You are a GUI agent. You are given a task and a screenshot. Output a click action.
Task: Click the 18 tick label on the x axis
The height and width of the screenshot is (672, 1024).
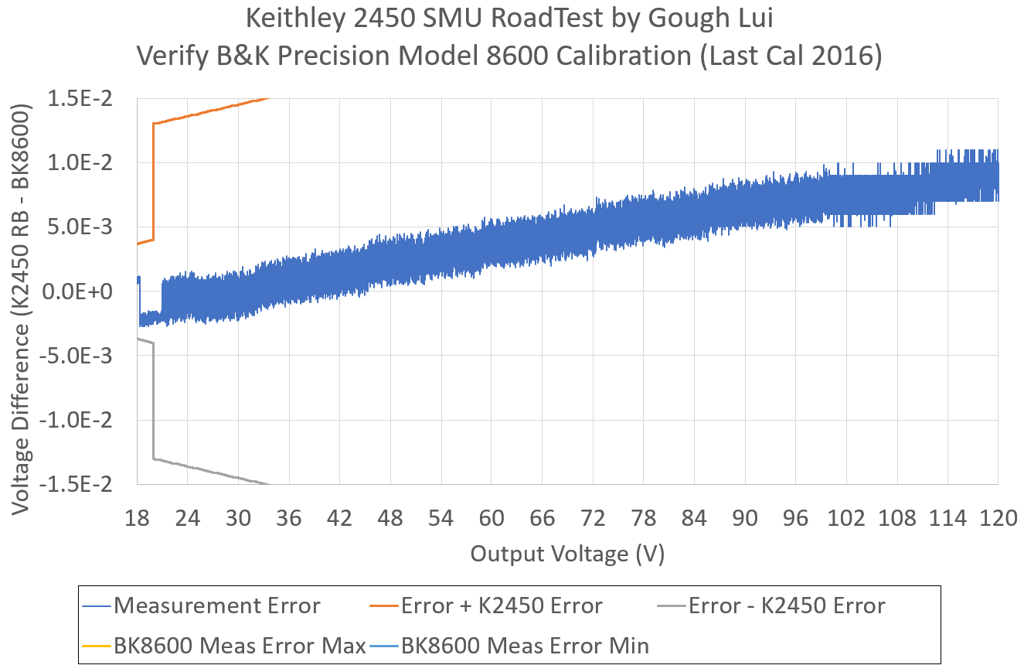[138, 518]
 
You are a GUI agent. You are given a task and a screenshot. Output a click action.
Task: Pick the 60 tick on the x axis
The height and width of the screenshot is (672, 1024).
[492, 518]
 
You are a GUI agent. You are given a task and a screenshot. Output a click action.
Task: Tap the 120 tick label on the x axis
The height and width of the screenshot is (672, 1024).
[998, 518]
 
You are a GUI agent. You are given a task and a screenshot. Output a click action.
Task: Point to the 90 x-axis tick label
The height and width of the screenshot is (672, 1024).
[745, 518]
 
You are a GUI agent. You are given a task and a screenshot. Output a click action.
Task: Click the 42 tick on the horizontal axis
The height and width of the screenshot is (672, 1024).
[340, 518]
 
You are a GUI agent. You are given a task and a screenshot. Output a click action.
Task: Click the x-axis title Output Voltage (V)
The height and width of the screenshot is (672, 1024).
[568, 554]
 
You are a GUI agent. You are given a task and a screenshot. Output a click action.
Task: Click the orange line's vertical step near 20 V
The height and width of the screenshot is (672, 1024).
[154, 182]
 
